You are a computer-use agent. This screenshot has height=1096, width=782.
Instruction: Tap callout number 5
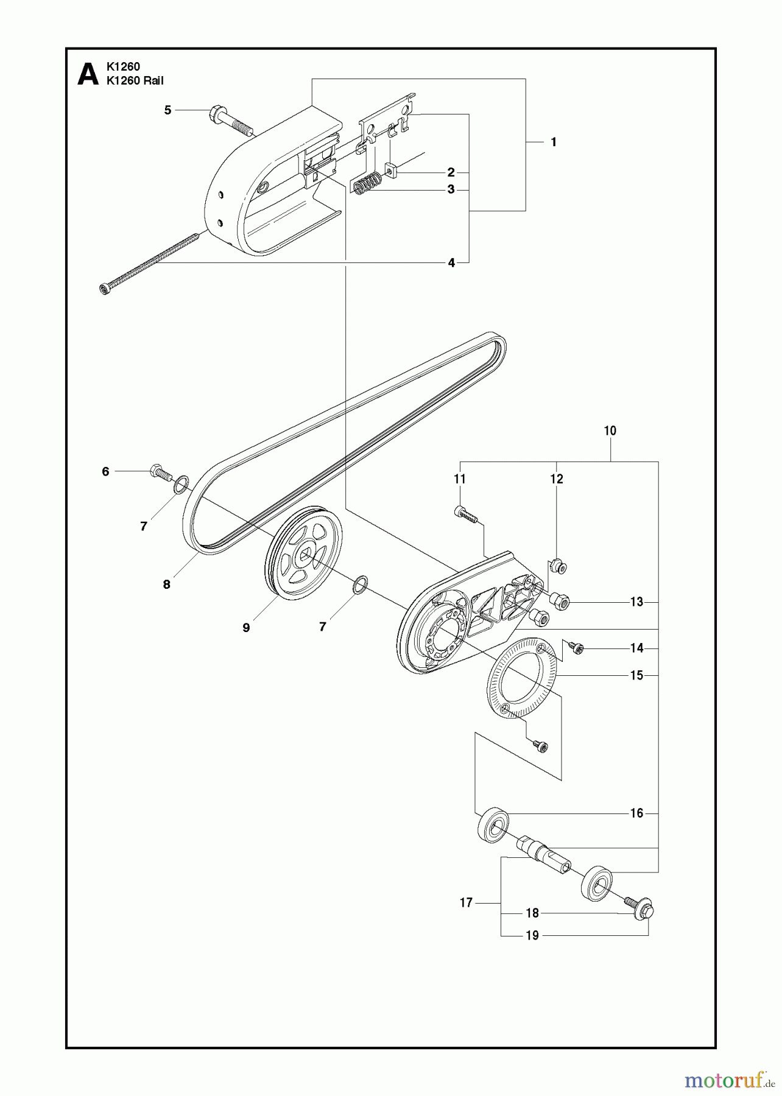click(x=167, y=110)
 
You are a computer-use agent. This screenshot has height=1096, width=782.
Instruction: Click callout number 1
click(x=553, y=142)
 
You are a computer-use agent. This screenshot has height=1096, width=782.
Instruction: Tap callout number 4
click(x=451, y=262)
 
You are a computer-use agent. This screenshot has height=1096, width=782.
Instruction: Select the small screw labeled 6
click(x=159, y=472)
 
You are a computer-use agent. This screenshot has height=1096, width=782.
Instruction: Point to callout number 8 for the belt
click(x=166, y=585)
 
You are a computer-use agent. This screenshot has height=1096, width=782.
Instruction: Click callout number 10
click(x=610, y=431)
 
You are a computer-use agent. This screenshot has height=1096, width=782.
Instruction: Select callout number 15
click(x=636, y=675)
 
